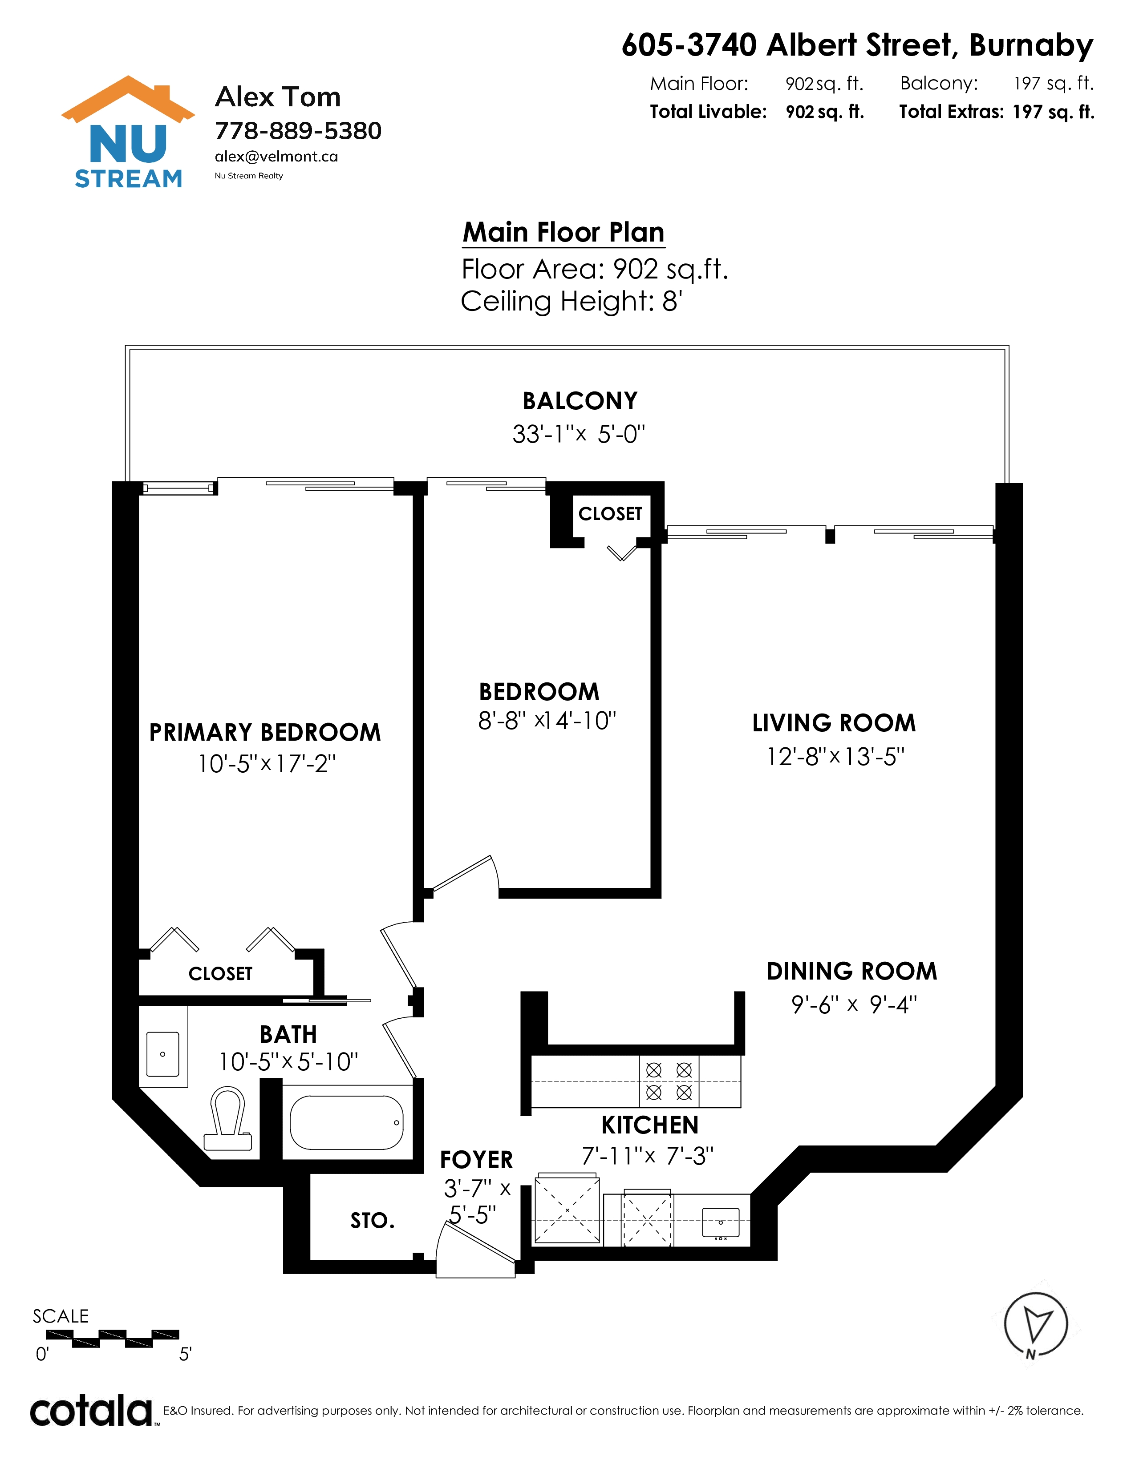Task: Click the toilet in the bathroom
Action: [228, 1119]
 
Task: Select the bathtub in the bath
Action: [346, 1122]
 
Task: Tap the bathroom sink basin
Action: [163, 1054]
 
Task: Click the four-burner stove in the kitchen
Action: [669, 1081]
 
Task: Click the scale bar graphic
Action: [112, 1338]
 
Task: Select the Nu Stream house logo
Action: [128, 132]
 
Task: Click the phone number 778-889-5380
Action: [298, 130]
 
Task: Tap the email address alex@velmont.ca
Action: [276, 157]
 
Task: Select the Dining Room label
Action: [852, 971]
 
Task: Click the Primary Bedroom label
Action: [265, 732]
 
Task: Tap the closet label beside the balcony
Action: [611, 513]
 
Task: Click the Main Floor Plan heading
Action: [563, 233]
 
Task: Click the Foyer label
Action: [476, 1159]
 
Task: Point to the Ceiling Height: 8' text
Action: [572, 301]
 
